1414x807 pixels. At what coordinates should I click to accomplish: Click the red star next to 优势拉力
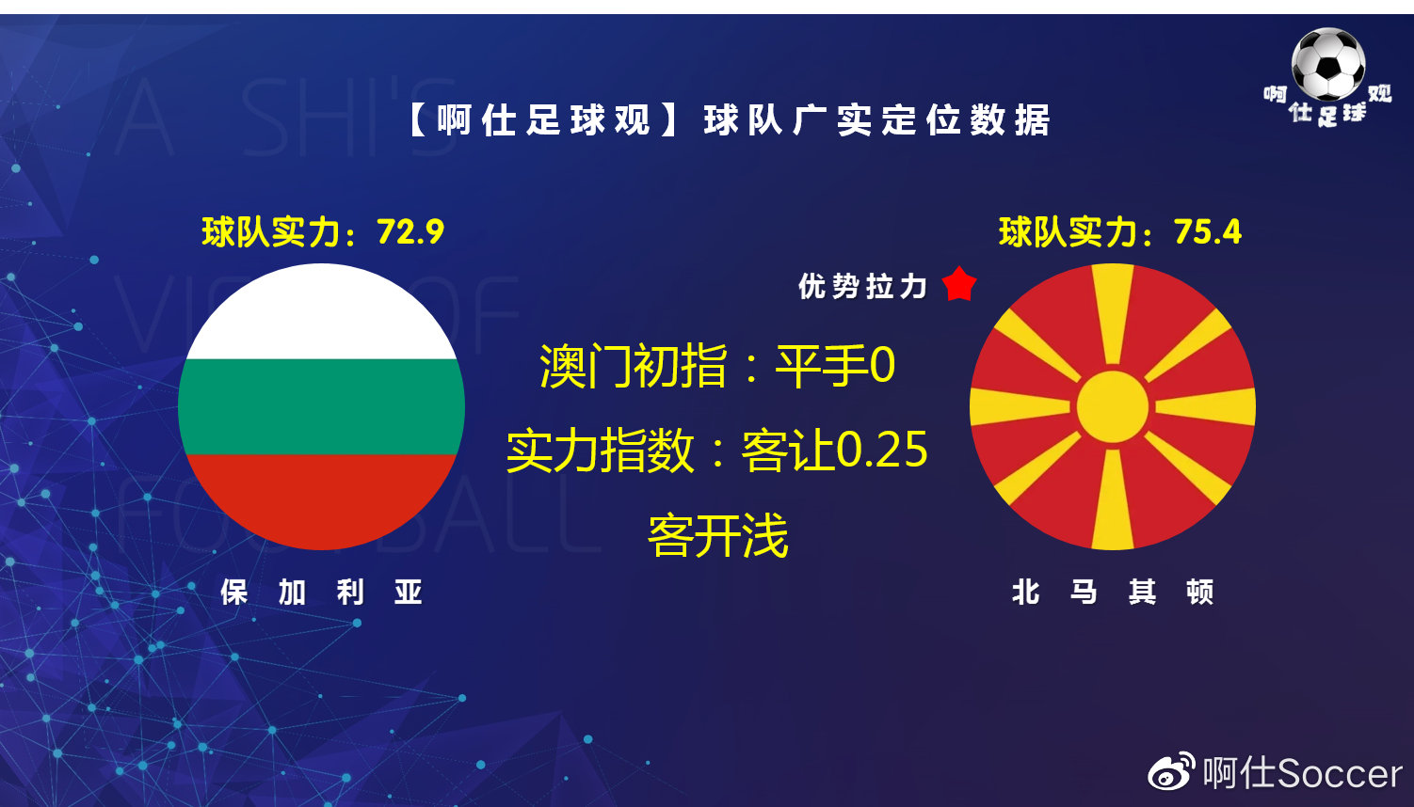(x=959, y=283)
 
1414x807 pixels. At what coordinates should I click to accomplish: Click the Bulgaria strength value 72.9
(x=410, y=231)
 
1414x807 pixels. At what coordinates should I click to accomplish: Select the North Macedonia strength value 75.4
(x=1208, y=231)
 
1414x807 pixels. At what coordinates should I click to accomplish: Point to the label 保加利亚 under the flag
(x=321, y=592)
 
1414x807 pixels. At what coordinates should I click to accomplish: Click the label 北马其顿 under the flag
(x=1112, y=592)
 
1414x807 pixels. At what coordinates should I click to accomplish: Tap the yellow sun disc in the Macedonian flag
(x=1112, y=406)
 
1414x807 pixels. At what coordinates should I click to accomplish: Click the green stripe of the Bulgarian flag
(x=321, y=406)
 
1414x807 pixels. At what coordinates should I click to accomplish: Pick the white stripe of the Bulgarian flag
(x=321, y=315)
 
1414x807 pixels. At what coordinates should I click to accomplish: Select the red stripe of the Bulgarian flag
(x=321, y=498)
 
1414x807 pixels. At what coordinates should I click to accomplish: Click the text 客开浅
(x=717, y=536)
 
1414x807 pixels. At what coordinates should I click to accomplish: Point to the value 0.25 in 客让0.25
(x=881, y=450)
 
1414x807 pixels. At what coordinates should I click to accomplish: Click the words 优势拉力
(x=862, y=286)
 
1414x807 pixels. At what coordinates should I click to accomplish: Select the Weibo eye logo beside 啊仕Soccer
(x=1170, y=773)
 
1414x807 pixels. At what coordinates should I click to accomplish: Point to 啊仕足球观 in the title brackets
(x=543, y=120)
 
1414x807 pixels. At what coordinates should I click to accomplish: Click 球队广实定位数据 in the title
(x=876, y=120)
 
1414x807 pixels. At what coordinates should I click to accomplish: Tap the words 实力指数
(x=600, y=450)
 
